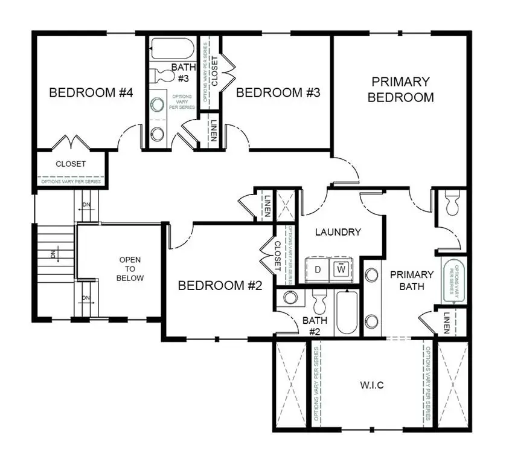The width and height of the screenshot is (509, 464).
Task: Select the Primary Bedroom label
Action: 401,89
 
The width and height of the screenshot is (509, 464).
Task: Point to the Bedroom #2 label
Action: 220,285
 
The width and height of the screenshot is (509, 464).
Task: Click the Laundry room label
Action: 338,231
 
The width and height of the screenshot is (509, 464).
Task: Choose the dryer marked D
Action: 318,269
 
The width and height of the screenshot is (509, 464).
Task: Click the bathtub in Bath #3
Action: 171,48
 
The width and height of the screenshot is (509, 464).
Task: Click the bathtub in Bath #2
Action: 347,312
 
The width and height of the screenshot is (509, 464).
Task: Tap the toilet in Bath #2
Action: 318,298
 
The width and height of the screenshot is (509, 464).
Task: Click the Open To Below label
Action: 131,269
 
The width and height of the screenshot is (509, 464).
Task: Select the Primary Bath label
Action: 412,280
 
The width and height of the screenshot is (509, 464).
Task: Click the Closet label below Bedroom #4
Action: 71,164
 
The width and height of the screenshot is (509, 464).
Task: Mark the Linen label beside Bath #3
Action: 213,129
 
